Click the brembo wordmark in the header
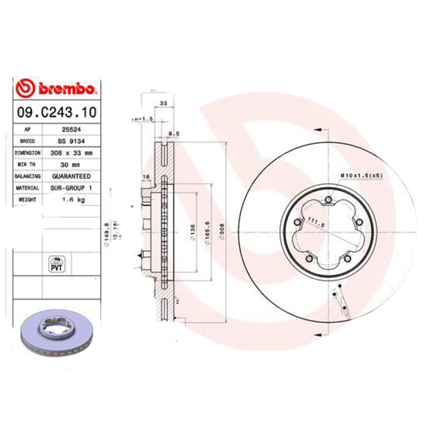(68, 89)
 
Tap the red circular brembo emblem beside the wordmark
(26, 89)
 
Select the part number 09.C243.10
(56, 113)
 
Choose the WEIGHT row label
(27, 200)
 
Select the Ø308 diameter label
(222, 234)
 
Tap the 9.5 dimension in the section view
(173, 134)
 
